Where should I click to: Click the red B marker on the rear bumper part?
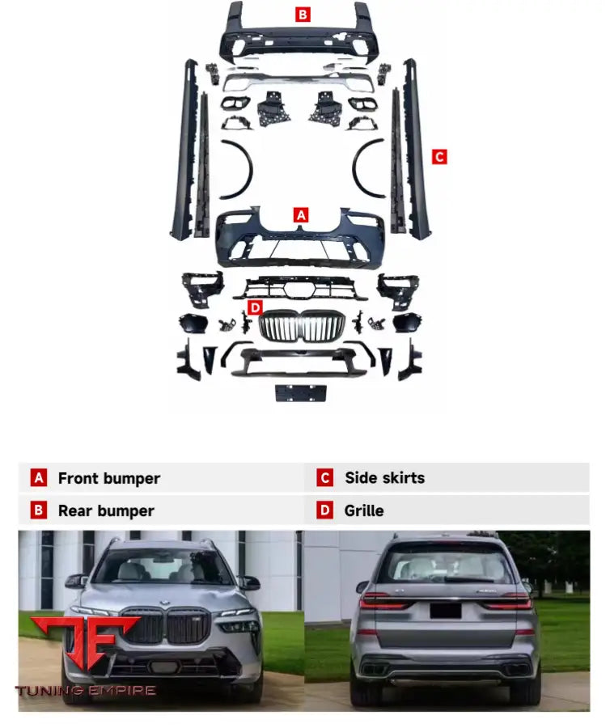coord(302,14)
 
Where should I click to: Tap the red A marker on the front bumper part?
coord(300,215)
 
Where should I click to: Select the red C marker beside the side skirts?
coord(439,157)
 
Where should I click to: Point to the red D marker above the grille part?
coord(255,307)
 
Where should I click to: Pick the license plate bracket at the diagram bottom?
coord(301,393)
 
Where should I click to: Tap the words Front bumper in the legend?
coord(108,478)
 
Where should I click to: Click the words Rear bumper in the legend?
coord(105,511)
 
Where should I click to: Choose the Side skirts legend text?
coord(384,478)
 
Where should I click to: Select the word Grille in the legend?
coord(363,511)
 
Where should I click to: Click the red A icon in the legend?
coord(39,478)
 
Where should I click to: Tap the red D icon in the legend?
coord(324,511)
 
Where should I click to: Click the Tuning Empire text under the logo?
coord(85,691)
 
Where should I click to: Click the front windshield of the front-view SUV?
coord(165,567)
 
